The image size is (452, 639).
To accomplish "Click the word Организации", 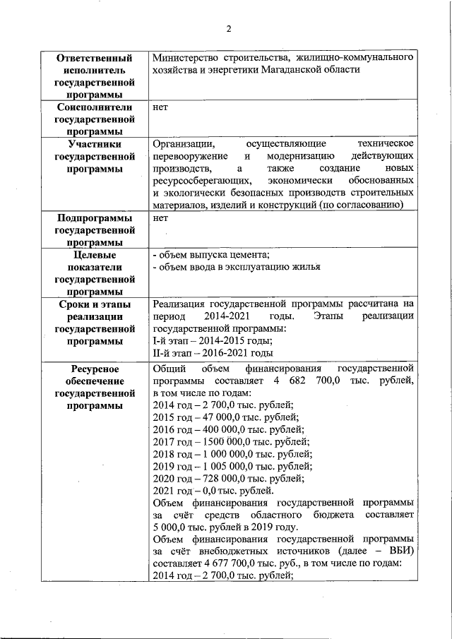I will tap(184, 143).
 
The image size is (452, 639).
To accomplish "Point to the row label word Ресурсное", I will tap(95, 369).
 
